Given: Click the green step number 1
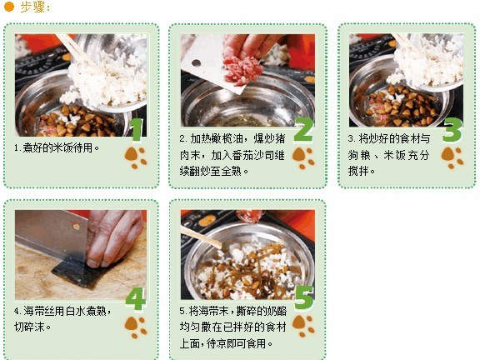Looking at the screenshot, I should pyautogui.click(x=136, y=128).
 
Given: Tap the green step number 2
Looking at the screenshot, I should pyautogui.click(x=303, y=128).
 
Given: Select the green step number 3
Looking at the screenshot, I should pyautogui.click(x=451, y=129).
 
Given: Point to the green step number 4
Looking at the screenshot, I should pyautogui.click(x=135, y=298).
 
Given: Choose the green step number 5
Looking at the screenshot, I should pyautogui.click(x=304, y=297).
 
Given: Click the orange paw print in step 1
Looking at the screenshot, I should pyautogui.click(x=135, y=157).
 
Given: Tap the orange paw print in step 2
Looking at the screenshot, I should pyautogui.click(x=303, y=157).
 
